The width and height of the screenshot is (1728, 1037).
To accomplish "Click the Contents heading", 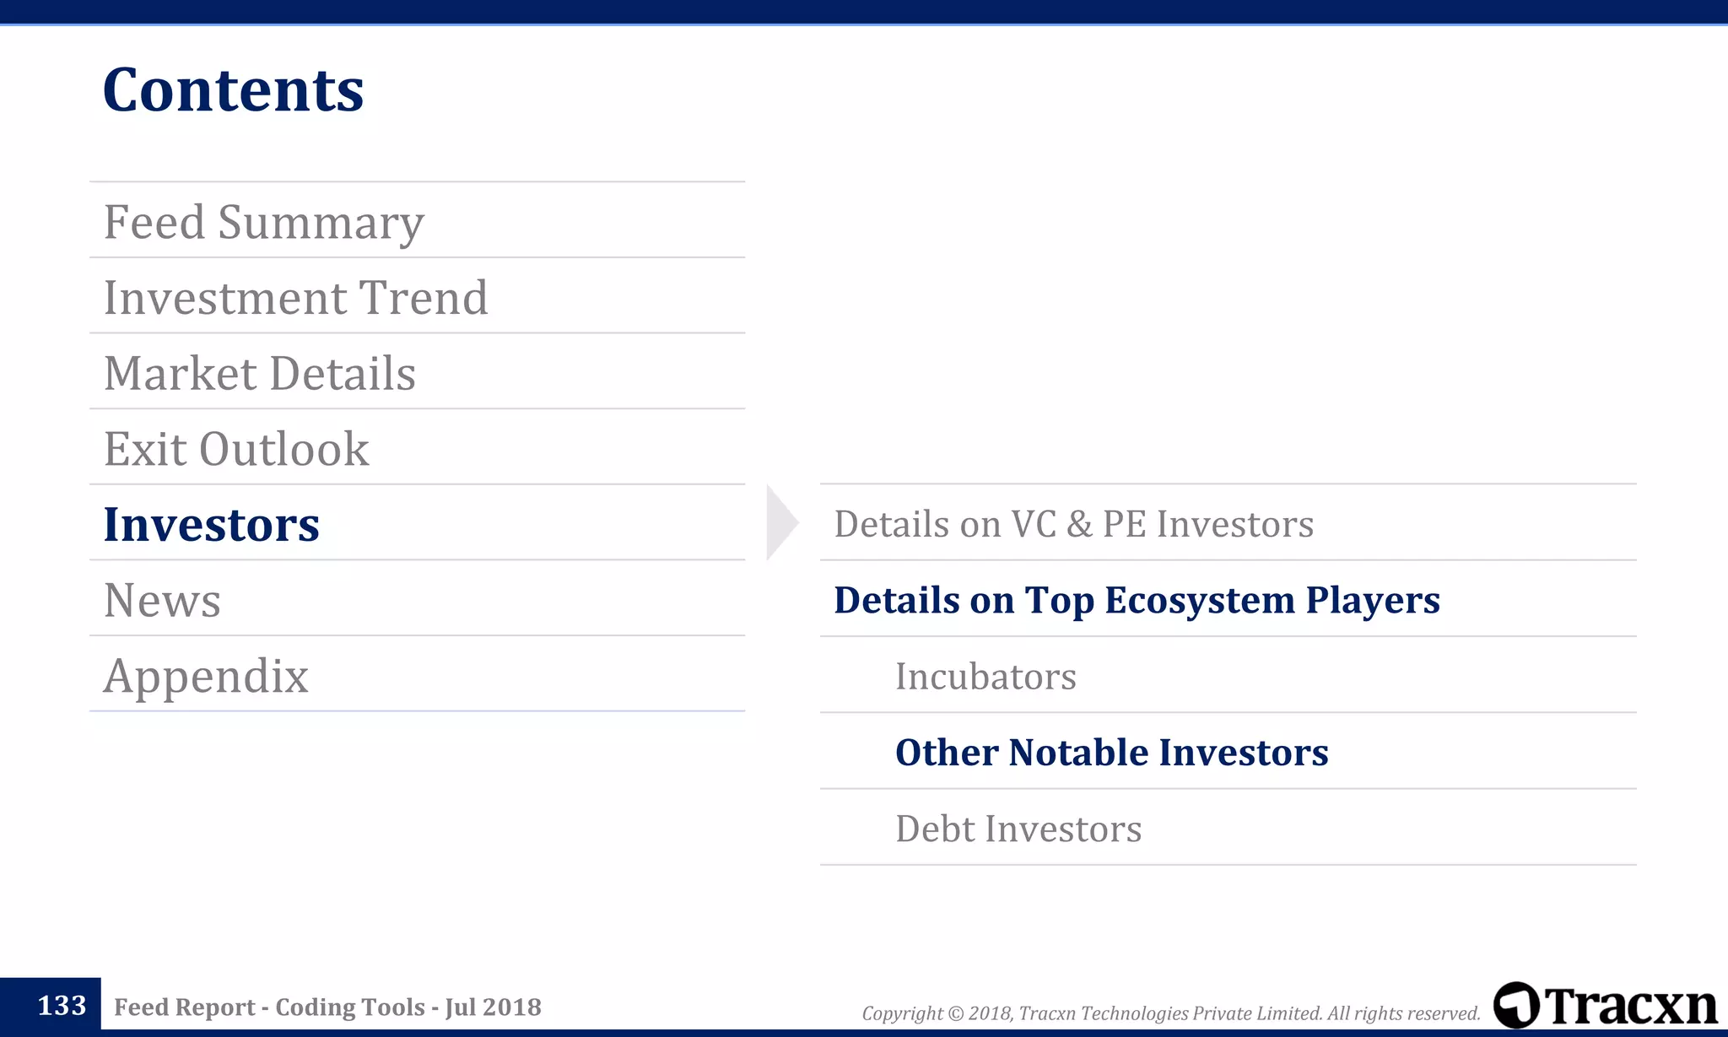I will (233, 90).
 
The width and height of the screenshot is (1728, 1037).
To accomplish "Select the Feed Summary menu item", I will (263, 222).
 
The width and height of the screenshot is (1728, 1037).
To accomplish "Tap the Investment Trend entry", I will (295, 298).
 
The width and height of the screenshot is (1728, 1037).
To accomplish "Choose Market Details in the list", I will (259, 373).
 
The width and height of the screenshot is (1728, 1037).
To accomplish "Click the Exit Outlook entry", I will (236, 449).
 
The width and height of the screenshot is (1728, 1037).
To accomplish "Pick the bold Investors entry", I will (211, 524).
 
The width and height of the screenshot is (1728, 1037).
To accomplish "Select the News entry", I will (162, 600).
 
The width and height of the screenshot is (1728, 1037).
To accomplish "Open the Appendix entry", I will (206, 676).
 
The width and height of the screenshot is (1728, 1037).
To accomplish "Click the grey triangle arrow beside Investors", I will (780, 522).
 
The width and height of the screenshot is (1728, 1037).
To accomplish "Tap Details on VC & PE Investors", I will (1073, 524).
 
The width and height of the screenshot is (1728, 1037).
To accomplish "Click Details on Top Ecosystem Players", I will (1137, 600).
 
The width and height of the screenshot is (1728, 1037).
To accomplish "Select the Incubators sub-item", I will (985, 676).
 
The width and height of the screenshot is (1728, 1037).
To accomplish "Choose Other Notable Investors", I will (1111, 752).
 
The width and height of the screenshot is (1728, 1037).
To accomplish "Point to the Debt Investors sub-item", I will (1018, 829).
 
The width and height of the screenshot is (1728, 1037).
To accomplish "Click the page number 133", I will (62, 1006).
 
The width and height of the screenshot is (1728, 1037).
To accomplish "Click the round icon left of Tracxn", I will (1515, 1005).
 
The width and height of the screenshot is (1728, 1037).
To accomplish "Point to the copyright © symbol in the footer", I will (955, 1013).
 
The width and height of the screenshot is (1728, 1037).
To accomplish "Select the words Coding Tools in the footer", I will (349, 1007).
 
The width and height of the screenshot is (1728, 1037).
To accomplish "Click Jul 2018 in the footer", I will (493, 1007).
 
